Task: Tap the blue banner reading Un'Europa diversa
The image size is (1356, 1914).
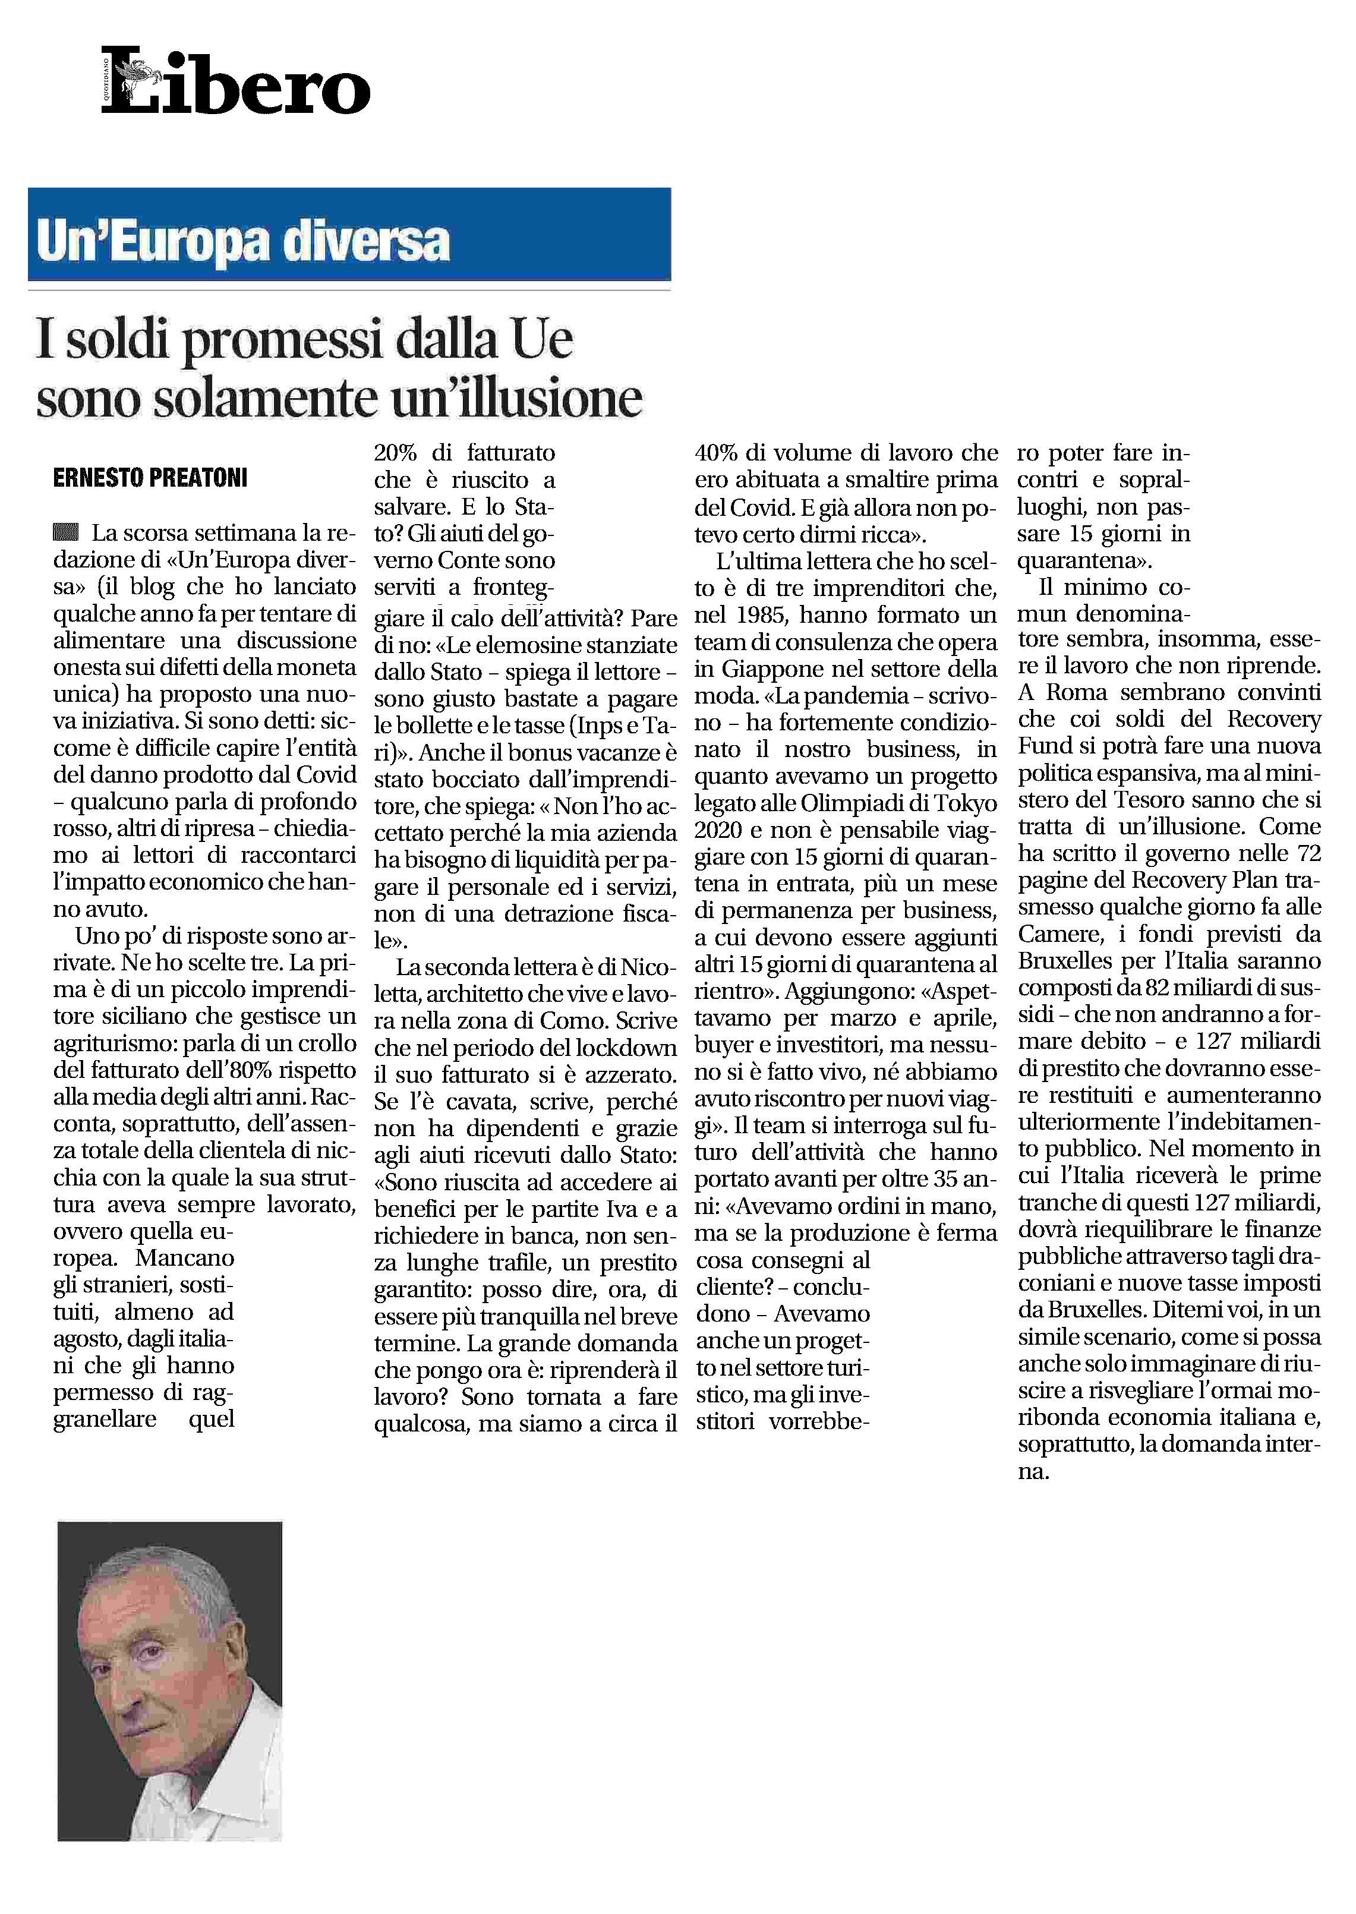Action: coord(349,235)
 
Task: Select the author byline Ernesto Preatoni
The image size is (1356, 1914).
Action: coord(150,478)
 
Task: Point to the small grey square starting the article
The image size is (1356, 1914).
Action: coord(66,532)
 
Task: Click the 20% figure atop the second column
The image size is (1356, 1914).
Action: coord(395,453)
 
